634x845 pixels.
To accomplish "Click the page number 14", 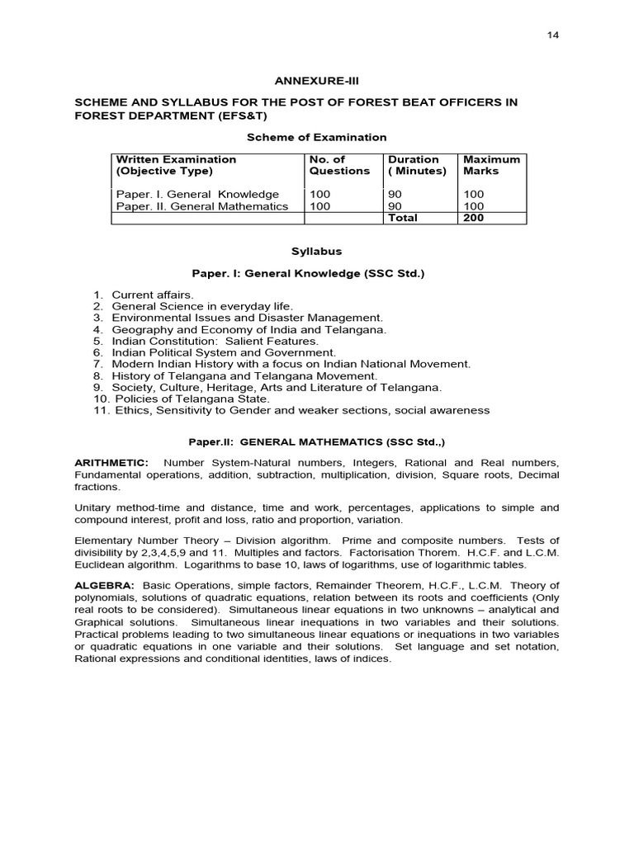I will tap(552, 36).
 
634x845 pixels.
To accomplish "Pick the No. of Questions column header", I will tap(339, 165).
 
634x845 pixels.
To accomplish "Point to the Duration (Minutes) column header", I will tap(417, 165).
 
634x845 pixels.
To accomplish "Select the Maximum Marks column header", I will tap(492, 165).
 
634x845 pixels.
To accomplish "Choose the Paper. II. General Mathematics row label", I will tap(202, 206).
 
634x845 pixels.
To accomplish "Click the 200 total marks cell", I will tap(475, 218).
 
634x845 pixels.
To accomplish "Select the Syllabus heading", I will tap(317, 251).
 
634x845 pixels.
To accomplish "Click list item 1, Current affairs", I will tap(153, 295).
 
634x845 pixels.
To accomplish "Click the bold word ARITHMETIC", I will tap(111, 463).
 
